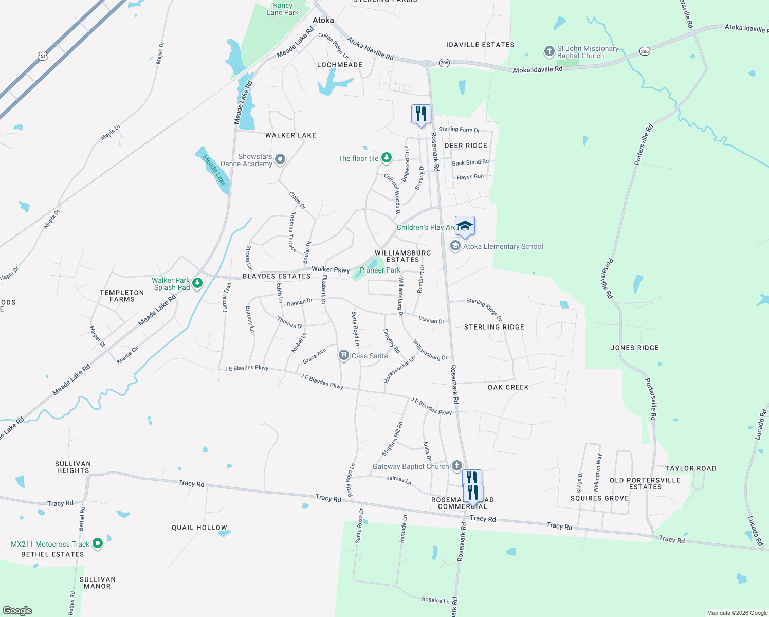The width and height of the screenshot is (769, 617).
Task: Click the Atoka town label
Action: [323, 21]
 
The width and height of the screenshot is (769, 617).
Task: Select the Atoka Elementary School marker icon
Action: [455, 246]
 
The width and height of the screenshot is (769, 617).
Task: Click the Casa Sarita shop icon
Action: [344, 356]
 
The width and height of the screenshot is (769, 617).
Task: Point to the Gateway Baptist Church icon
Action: [456, 466]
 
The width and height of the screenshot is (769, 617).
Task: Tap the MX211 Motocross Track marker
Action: [97, 543]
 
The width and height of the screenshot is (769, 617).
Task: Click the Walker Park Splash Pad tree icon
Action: [197, 283]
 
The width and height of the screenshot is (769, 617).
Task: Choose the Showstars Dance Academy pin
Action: [280, 159]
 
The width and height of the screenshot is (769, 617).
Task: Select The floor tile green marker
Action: [387, 158]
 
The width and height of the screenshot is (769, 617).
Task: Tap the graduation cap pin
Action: [465, 226]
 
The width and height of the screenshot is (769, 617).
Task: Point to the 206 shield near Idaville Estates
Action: [445, 63]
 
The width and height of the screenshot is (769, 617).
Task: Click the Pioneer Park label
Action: [380, 270]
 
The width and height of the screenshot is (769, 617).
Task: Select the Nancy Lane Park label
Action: [283, 9]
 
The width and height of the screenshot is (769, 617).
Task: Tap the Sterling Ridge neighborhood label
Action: [494, 327]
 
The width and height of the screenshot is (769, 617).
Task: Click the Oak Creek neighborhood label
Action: [508, 387]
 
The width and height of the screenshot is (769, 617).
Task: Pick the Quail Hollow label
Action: [199, 528]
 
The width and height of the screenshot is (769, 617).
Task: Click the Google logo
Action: [17, 611]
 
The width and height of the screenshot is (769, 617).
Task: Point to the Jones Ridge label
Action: [634, 348]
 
